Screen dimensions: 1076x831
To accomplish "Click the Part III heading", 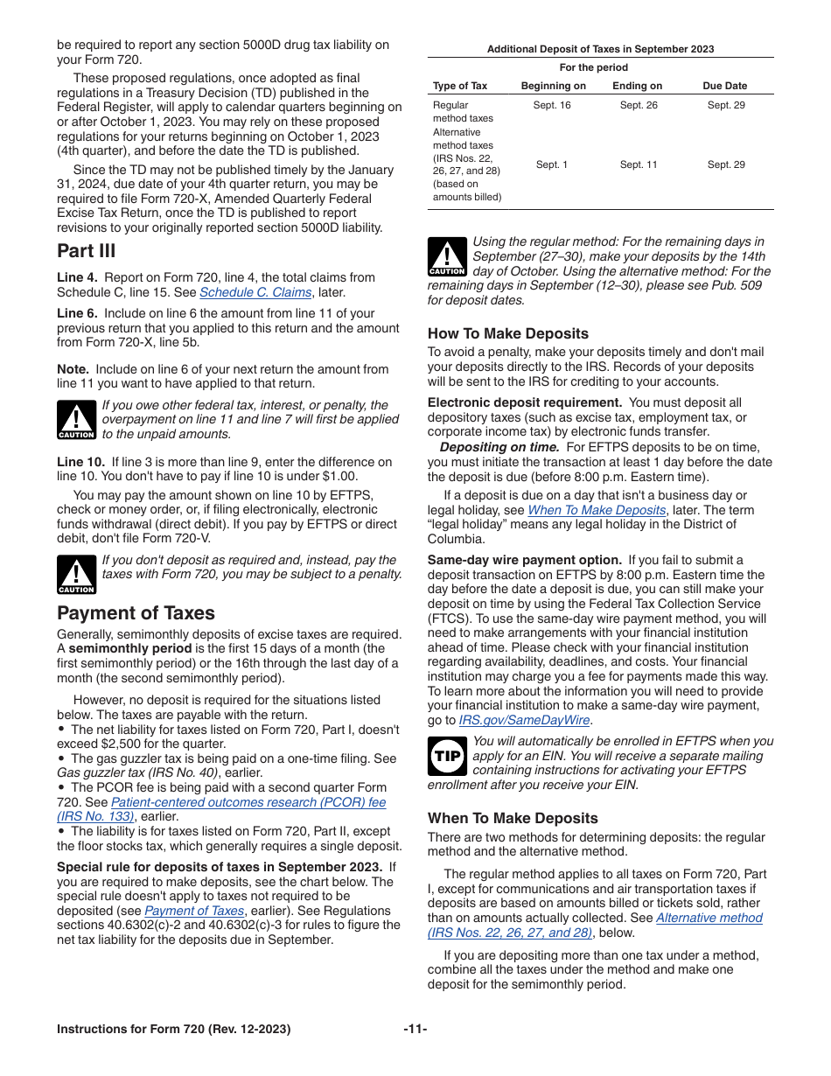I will pyautogui.click(x=86, y=251).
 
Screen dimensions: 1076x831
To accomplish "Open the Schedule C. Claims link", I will pyautogui.click(x=255, y=292).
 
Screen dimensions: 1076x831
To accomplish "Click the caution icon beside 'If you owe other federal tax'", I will pyautogui.click(x=76, y=420).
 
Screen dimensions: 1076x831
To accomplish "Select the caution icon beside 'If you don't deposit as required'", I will pyautogui.click(x=76, y=575).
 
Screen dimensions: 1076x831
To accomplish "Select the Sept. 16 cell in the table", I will pyautogui.click(x=552, y=105).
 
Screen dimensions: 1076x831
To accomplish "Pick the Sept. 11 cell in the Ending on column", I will pyautogui.click(x=638, y=164).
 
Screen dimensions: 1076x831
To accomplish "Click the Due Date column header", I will pyautogui.click(x=725, y=86).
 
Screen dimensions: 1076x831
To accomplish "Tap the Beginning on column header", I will pyautogui.click(x=553, y=86).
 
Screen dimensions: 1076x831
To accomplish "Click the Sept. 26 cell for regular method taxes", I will pyautogui.click(x=638, y=105).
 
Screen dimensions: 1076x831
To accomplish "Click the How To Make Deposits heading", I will pyautogui.click(x=507, y=333).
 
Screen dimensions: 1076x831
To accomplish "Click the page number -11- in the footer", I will pyautogui.click(x=415, y=1029).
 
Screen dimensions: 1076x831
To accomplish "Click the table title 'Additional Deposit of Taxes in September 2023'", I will pyautogui.click(x=600, y=49).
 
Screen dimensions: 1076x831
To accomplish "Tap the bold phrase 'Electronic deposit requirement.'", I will pyautogui.click(x=524, y=402).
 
